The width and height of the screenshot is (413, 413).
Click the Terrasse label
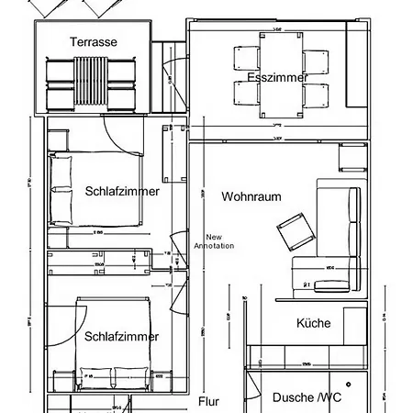[93, 41]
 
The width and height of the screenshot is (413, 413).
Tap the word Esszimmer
[277, 78]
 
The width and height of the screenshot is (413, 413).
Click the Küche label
[313, 323]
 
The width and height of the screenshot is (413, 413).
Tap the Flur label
[208, 402]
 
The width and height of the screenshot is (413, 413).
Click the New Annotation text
[214, 240]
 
